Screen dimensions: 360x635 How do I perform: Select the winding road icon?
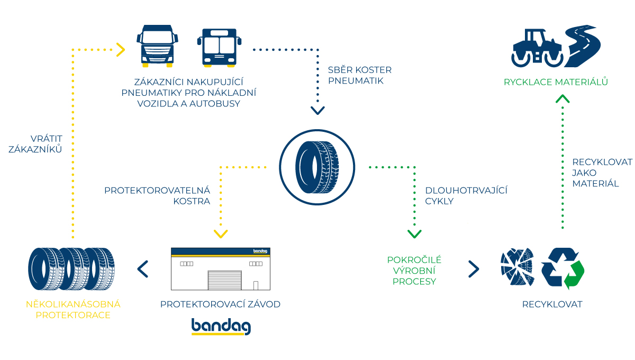click(582, 44)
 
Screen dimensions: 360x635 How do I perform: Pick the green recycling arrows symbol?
click(562, 268)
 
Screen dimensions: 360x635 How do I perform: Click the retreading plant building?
click(221, 268)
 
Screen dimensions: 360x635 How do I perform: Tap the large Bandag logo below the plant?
click(221, 327)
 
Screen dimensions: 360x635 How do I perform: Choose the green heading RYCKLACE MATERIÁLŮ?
click(556, 82)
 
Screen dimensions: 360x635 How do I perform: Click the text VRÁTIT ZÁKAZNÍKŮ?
click(35, 144)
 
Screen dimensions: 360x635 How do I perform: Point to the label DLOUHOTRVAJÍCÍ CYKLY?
click(466, 195)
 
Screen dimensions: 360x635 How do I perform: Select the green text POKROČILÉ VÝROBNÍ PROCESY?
click(414, 271)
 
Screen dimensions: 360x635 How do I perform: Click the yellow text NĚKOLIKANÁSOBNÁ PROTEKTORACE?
click(73, 310)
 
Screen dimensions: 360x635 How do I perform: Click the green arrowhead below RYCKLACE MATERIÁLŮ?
click(563, 98)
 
